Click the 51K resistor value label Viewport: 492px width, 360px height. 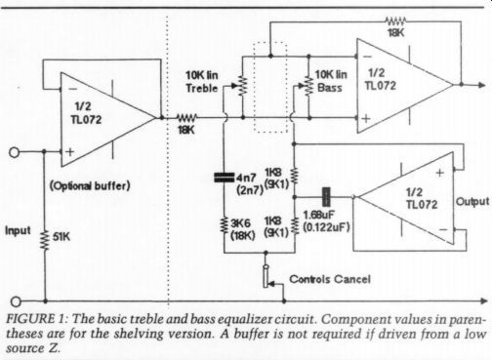61,236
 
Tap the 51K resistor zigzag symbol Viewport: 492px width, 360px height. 45,240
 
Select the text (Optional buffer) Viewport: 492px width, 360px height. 90,186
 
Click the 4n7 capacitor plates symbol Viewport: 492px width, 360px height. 224,178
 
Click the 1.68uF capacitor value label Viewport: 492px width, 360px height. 319,215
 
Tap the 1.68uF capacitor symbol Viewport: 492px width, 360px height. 326,197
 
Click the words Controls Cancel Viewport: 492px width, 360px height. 330,279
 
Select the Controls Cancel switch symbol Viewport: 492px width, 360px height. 267,276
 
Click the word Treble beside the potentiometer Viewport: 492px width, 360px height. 202,88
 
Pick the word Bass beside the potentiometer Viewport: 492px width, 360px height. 330,88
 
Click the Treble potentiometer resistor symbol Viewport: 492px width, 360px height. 242,86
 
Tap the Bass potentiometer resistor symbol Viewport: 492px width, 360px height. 307,86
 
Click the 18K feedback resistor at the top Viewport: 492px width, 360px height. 395,21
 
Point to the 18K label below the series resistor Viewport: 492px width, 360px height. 186,131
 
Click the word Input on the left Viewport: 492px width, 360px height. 18,230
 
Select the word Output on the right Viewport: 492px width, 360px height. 472,202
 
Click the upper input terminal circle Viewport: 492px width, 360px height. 15,152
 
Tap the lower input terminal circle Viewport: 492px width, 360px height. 16,301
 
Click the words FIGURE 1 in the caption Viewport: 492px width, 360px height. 36,319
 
